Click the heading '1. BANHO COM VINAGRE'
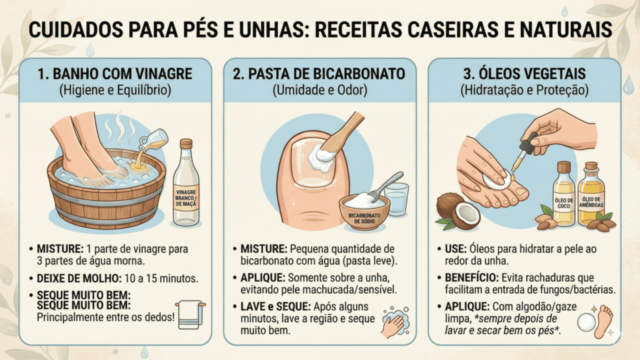(114, 74)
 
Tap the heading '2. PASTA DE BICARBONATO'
(319, 74)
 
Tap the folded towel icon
(190, 314)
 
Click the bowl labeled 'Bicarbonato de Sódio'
(364, 211)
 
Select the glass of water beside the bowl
(396, 199)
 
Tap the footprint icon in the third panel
(604, 321)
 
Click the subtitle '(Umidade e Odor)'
(319, 90)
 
